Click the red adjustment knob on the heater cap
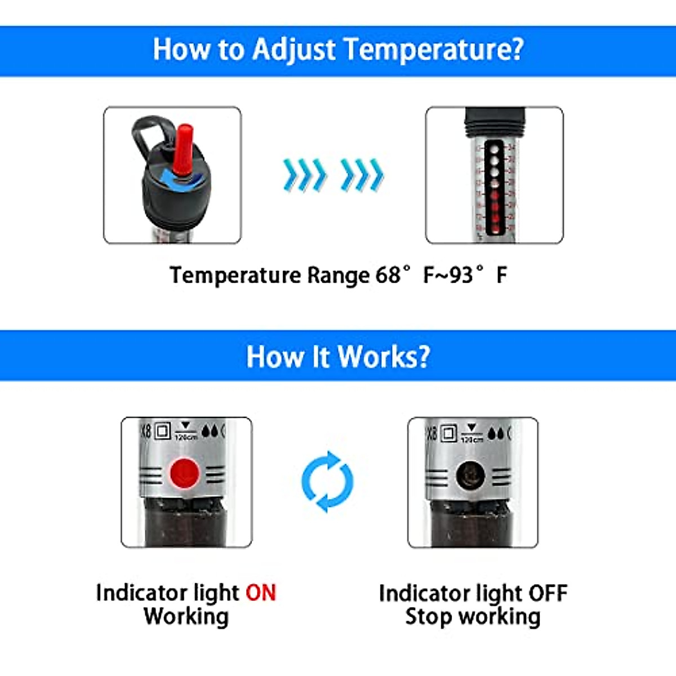pyautogui.click(x=183, y=149)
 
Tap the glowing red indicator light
pyautogui.click(x=185, y=473)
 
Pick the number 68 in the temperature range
pyautogui.click(x=388, y=275)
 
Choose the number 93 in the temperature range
pyautogui.click(x=461, y=275)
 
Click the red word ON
pyautogui.click(x=261, y=593)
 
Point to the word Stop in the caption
pyautogui.click(x=428, y=616)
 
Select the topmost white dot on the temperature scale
pyautogui.click(x=494, y=149)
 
